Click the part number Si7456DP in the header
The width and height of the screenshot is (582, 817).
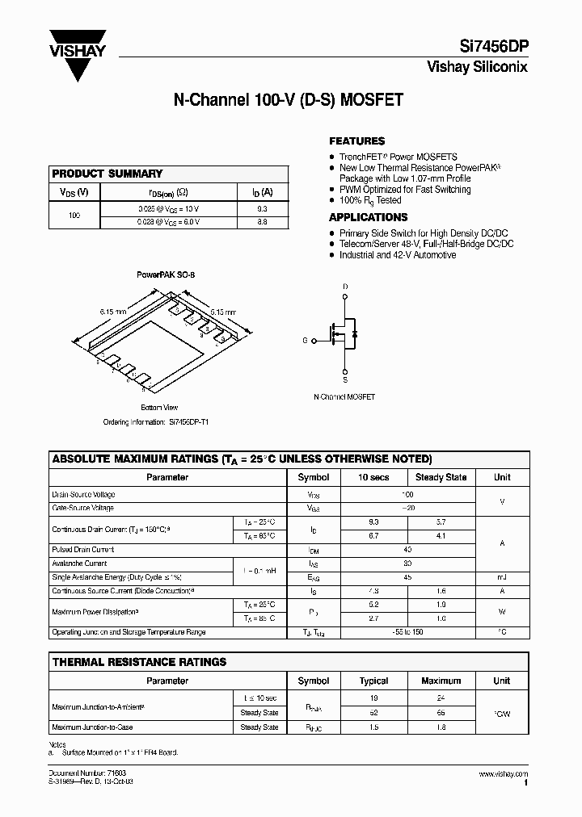tap(492, 46)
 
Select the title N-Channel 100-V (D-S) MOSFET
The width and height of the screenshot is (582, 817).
tap(289, 101)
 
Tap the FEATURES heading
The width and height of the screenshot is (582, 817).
tap(356, 140)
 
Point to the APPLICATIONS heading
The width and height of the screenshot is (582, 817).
tap(368, 217)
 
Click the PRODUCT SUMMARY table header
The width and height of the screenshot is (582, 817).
tap(107, 174)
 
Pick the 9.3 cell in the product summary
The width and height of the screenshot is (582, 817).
tap(261, 208)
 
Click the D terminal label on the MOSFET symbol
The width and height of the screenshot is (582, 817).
tap(346, 287)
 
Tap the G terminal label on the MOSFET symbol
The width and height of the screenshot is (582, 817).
tap(305, 341)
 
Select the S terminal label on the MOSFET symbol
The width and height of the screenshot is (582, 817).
tap(346, 379)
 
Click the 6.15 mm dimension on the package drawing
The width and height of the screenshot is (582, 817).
tap(113, 311)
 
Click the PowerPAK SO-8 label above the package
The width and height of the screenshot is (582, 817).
tap(166, 274)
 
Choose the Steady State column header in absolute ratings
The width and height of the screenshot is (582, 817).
tap(441, 477)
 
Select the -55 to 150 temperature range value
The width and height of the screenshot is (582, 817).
tap(407, 633)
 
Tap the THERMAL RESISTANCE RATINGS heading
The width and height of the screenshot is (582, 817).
tap(139, 662)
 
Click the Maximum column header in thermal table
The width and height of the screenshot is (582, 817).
tap(441, 681)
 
